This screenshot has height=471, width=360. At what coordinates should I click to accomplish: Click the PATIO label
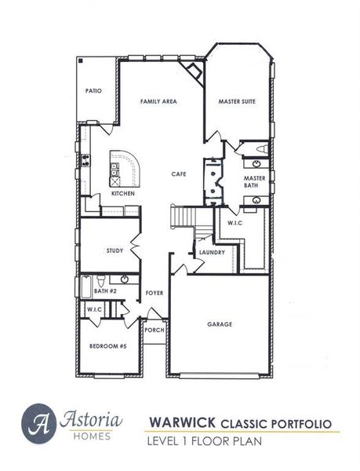(x=94, y=91)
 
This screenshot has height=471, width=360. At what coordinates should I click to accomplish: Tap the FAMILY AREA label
(x=158, y=102)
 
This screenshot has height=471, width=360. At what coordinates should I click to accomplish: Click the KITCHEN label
(x=122, y=193)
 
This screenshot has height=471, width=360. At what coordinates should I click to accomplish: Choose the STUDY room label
(x=115, y=250)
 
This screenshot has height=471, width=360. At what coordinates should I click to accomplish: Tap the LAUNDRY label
(x=212, y=252)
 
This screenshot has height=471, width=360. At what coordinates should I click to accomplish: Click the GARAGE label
(x=220, y=323)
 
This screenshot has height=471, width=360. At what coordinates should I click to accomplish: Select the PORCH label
(x=155, y=330)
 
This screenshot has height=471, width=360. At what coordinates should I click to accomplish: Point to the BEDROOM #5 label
(x=107, y=346)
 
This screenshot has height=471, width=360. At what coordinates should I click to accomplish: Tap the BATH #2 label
(x=105, y=291)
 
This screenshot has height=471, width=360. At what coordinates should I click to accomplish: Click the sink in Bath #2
(x=124, y=279)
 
